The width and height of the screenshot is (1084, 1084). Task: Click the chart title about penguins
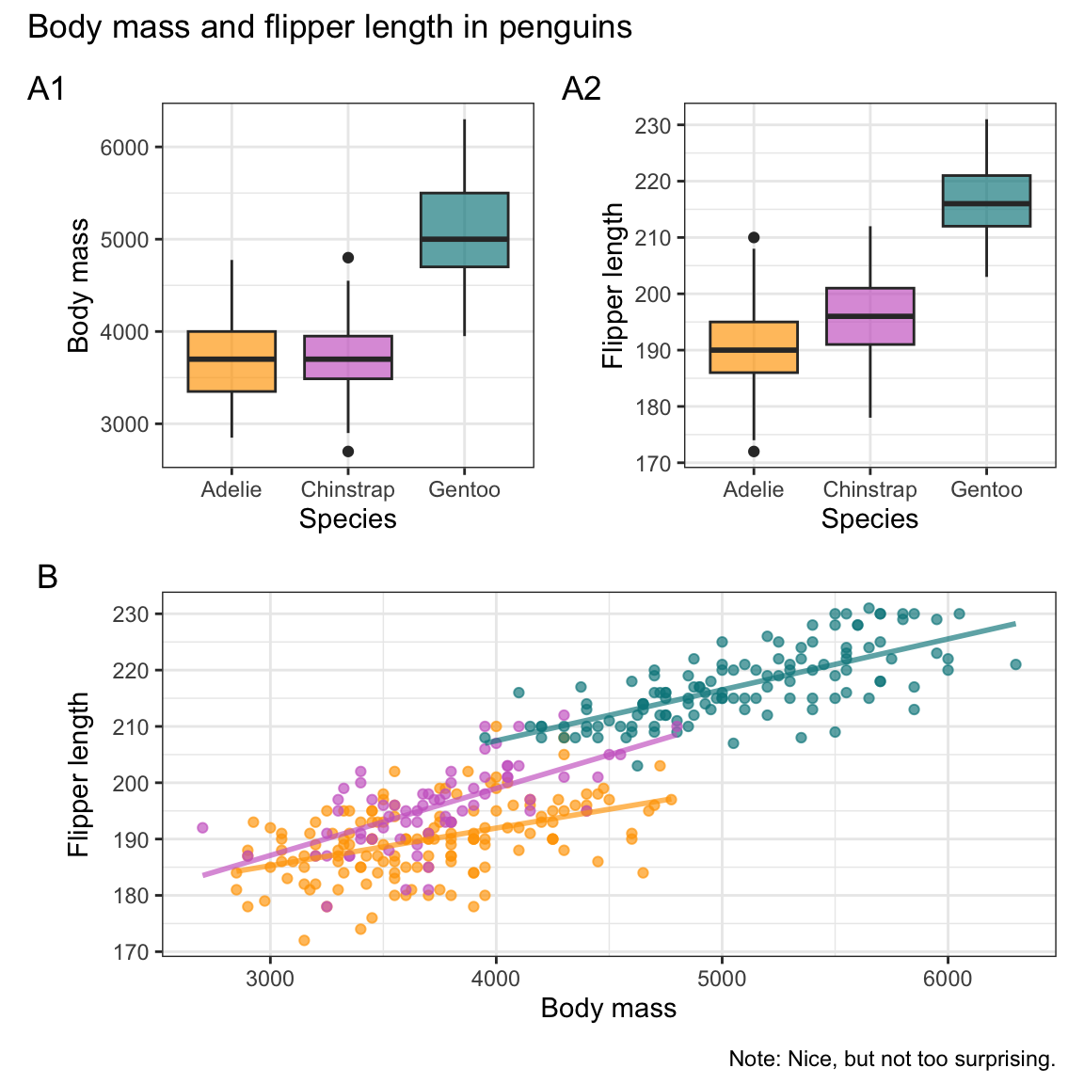pyautogui.click(x=329, y=27)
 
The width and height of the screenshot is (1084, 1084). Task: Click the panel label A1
pyautogui.click(x=46, y=89)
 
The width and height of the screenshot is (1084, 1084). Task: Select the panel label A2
pyautogui.click(x=581, y=89)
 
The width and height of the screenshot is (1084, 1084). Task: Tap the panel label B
pyautogui.click(x=47, y=577)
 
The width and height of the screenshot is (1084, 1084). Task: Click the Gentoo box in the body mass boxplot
pyautogui.click(x=464, y=230)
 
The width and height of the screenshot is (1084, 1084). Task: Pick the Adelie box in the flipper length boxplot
pyautogui.click(x=754, y=347)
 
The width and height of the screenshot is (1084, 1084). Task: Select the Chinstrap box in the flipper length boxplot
pyautogui.click(x=869, y=316)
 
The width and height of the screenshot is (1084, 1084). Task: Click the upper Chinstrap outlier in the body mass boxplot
pyautogui.click(x=348, y=257)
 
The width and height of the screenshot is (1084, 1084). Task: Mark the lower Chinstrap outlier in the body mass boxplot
pyautogui.click(x=348, y=452)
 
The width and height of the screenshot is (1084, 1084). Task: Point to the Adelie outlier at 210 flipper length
pyautogui.click(x=754, y=237)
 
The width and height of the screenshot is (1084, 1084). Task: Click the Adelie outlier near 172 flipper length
pyautogui.click(x=754, y=452)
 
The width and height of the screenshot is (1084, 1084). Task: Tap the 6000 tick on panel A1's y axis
pyautogui.click(x=131, y=148)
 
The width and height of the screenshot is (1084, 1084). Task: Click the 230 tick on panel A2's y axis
pyautogui.click(x=659, y=126)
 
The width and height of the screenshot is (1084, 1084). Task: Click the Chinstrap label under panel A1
pyautogui.click(x=347, y=490)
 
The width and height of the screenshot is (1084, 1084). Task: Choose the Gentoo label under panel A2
pyautogui.click(x=986, y=490)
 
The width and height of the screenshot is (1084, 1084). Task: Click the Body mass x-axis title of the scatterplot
pyautogui.click(x=609, y=1009)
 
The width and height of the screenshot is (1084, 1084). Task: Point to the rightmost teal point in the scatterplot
pyautogui.click(x=1015, y=664)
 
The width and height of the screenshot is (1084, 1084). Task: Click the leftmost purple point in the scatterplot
pyautogui.click(x=202, y=828)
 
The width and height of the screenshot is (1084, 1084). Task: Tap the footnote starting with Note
pyautogui.click(x=892, y=1060)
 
